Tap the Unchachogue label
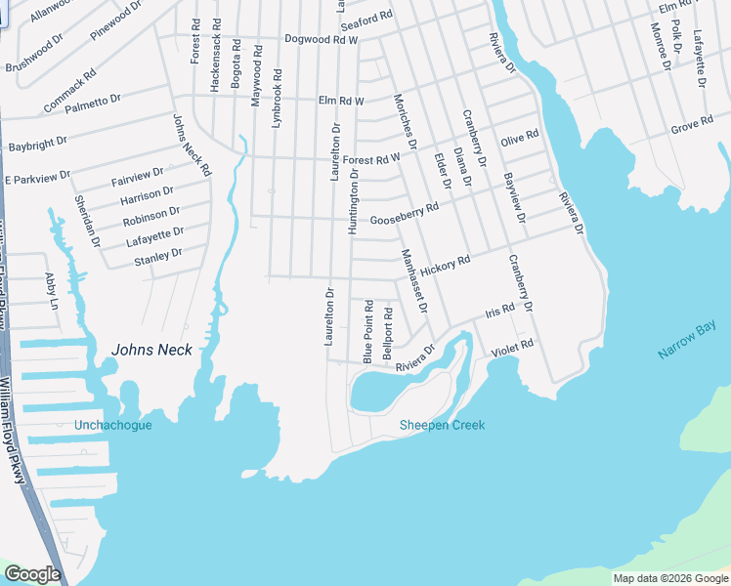[x=112, y=425]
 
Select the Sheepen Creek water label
[x=442, y=425]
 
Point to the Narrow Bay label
[x=687, y=343]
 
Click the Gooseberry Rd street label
[x=405, y=214]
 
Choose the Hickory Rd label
[x=446, y=265]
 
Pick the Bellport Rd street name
[x=388, y=333]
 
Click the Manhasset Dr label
[x=414, y=281]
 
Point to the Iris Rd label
[x=499, y=313]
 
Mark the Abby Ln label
[x=52, y=291]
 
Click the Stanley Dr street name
[x=158, y=256]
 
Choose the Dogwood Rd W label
[x=322, y=40]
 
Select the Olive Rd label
[x=519, y=139]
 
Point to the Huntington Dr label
[x=353, y=200]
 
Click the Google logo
[x=32, y=574]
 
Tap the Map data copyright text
[x=669, y=578]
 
